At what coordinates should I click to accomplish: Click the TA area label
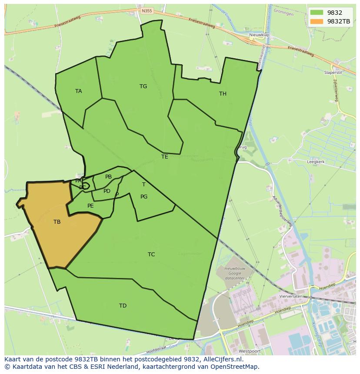point(78,91)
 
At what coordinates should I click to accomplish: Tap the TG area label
point(143,86)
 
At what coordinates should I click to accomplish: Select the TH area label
point(223,94)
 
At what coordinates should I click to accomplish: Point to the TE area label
point(164,157)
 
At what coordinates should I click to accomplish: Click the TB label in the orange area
point(57,222)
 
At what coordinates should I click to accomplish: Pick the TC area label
point(151,255)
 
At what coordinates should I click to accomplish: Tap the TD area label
point(123,306)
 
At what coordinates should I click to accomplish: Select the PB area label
point(108,177)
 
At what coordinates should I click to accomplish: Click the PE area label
point(90,206)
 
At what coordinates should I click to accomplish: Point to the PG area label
point(144,197)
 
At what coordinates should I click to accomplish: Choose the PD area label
point(107,191)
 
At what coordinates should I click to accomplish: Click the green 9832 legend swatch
point(317,13)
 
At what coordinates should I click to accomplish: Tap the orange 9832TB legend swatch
point(317,21)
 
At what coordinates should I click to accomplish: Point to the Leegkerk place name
point(316,162)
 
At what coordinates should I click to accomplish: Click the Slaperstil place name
point(333,73)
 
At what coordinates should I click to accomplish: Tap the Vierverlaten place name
point(291,296)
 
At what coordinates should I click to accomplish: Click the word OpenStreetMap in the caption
point(235,367)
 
